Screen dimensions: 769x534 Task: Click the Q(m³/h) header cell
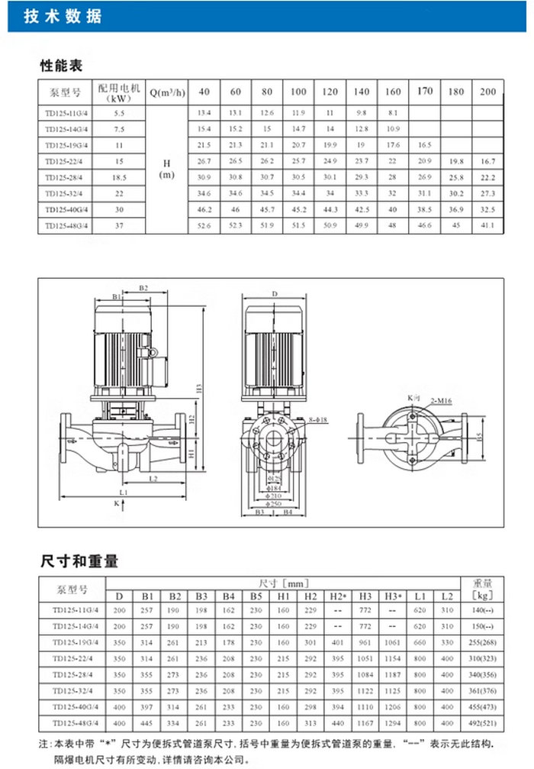pos(167,92)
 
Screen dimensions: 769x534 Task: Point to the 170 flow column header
pos(425,92)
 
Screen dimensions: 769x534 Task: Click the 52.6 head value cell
pos(204,225)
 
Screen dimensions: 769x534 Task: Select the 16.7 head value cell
pos(487,161)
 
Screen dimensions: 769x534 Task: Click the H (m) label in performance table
pos(166,169)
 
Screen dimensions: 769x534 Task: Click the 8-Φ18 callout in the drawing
pos(316,420)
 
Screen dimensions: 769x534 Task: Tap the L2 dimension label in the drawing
pos(153,479)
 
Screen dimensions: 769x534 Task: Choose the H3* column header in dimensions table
pos(393,596)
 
